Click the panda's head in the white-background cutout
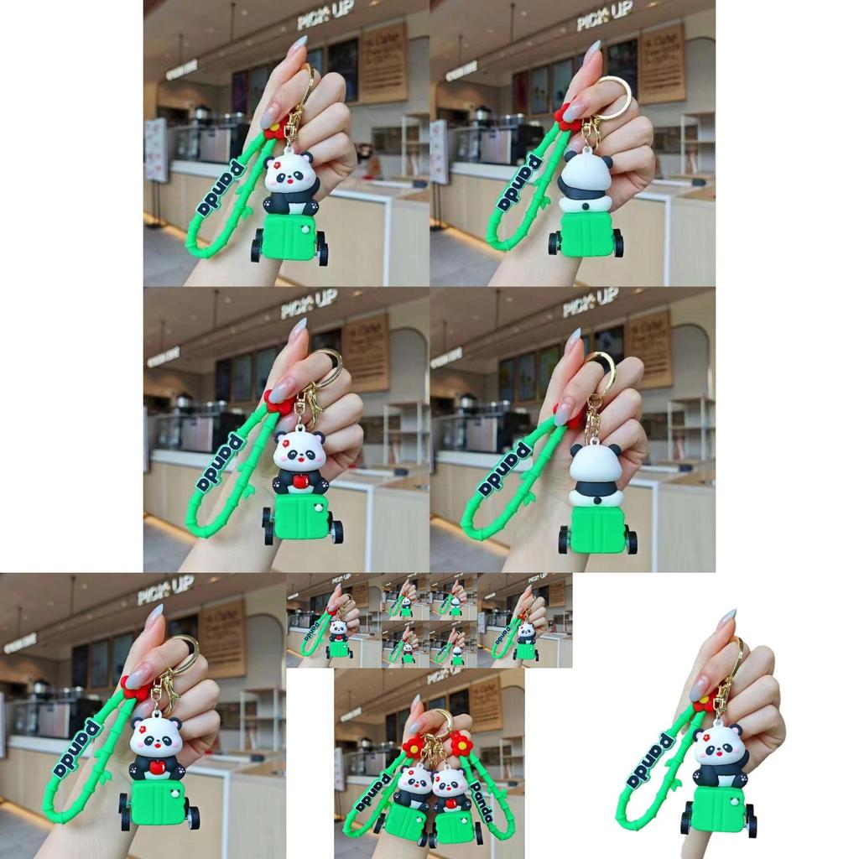(720, 744)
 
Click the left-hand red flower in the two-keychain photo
(413, 745)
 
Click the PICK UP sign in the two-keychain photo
(445, 675)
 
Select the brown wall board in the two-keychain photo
(486, 703)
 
